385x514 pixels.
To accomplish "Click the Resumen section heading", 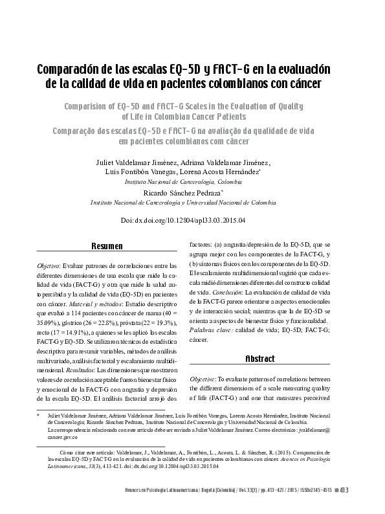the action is click(107, 247).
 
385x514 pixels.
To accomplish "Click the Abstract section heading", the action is click(260, 359).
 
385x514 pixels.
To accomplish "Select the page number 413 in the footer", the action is click(344, 490).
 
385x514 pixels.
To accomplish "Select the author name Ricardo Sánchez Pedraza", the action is click(182, 192).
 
